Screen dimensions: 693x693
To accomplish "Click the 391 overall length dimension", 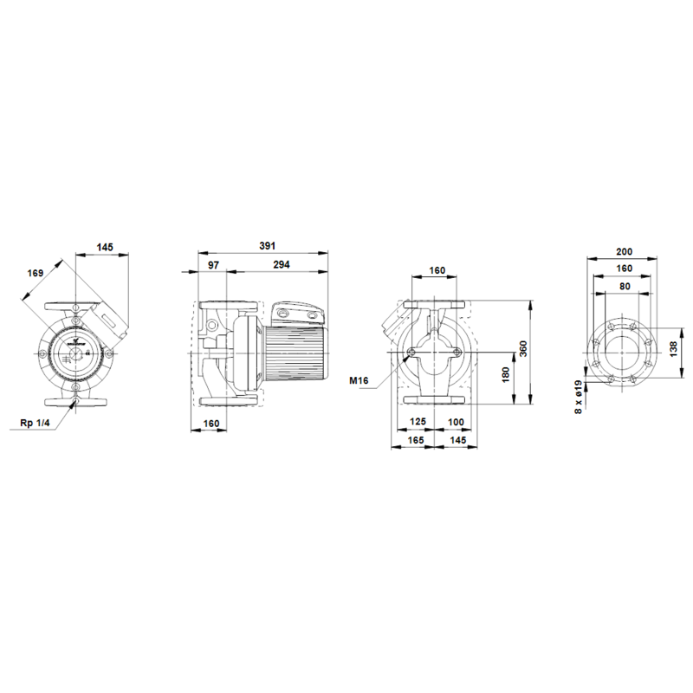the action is (267, 246).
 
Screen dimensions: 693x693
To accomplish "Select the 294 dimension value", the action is (281, 264).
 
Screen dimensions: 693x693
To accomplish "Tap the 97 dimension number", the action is (213, 265).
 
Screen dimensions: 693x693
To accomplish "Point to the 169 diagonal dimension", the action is (36, 273).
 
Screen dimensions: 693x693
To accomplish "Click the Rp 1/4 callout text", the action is (35, 423).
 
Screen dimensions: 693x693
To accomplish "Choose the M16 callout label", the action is (359, 380).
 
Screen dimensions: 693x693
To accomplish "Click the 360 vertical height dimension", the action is (523, 349).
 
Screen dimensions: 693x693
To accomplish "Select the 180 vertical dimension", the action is (506, 375).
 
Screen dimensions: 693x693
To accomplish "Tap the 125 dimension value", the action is (418, 421).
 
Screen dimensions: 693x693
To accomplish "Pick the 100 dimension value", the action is (456, 422).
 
